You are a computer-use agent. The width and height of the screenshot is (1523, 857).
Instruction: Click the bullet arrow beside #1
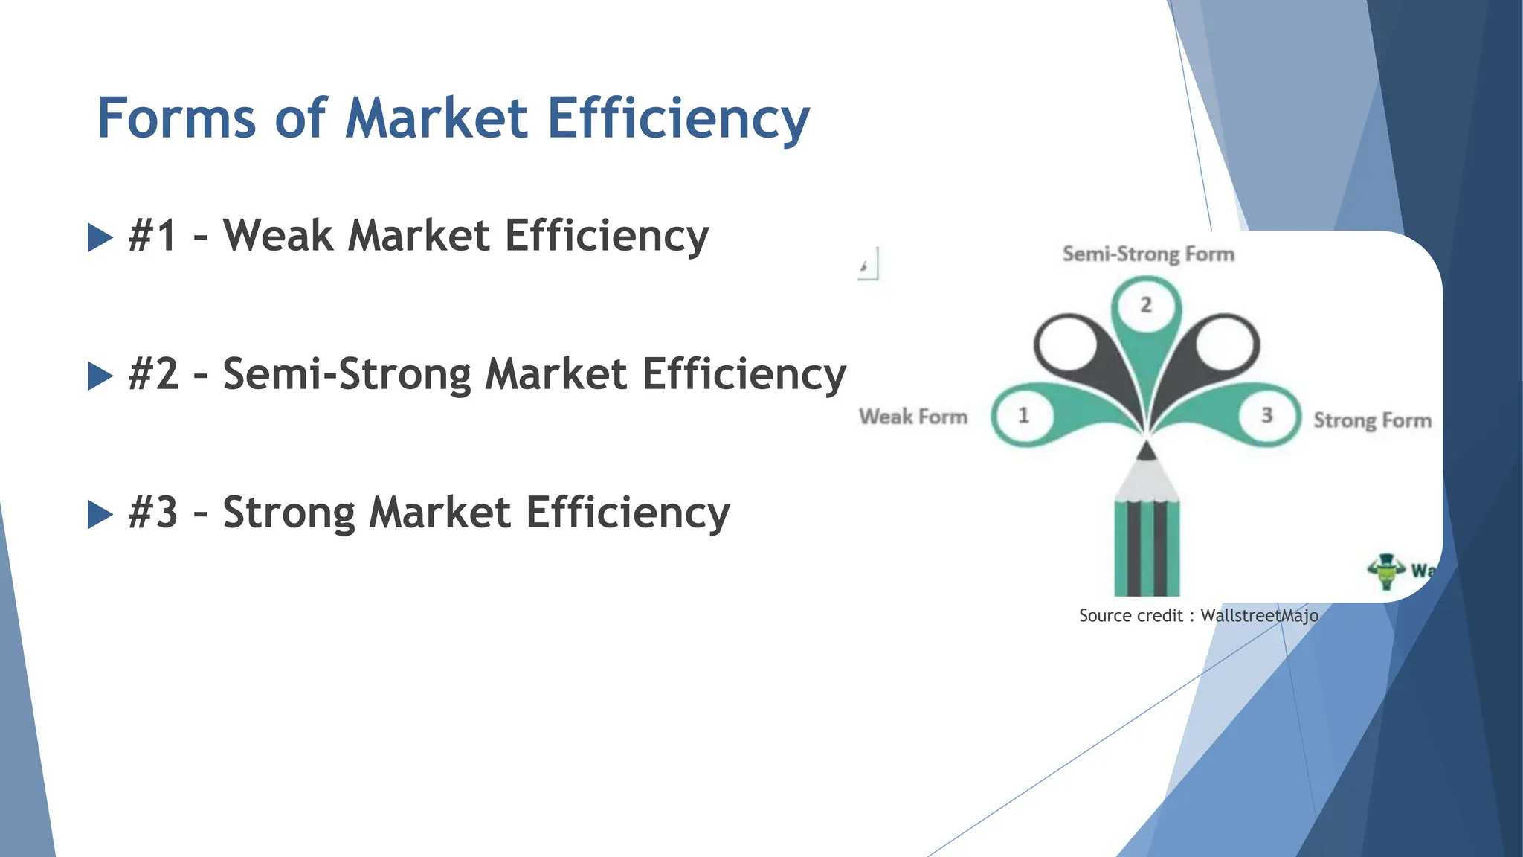pos(100,237)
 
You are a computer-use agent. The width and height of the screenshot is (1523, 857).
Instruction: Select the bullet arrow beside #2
pos(100,376)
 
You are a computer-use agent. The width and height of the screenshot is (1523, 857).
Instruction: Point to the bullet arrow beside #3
pos(100,514)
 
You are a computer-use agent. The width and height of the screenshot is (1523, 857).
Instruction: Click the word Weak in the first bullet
pos(278,236)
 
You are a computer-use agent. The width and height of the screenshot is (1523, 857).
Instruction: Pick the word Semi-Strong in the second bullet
pos(347,374)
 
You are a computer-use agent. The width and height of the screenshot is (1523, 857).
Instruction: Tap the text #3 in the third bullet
pos(153,513)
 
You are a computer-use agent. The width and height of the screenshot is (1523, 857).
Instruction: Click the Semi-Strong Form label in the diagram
pos(1148,254)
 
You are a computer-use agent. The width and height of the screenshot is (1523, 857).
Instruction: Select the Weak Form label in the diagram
pos(913,417)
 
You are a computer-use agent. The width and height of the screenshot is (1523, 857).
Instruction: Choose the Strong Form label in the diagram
pos(1372,420)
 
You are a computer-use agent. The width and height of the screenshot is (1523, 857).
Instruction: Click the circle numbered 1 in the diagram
pos(1024,415)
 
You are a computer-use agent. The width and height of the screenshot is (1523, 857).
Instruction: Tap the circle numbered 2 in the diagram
pos(1146,304)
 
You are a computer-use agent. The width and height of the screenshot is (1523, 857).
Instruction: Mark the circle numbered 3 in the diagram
pos(1267,415)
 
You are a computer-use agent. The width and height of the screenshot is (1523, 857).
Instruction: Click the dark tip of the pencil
pos(1147,451)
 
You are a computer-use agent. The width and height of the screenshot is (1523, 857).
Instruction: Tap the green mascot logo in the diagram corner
pos(1386,571)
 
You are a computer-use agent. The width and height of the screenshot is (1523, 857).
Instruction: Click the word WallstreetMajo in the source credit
pos(1259,616)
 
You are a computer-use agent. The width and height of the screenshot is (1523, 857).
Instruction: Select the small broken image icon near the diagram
pos(867,264)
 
